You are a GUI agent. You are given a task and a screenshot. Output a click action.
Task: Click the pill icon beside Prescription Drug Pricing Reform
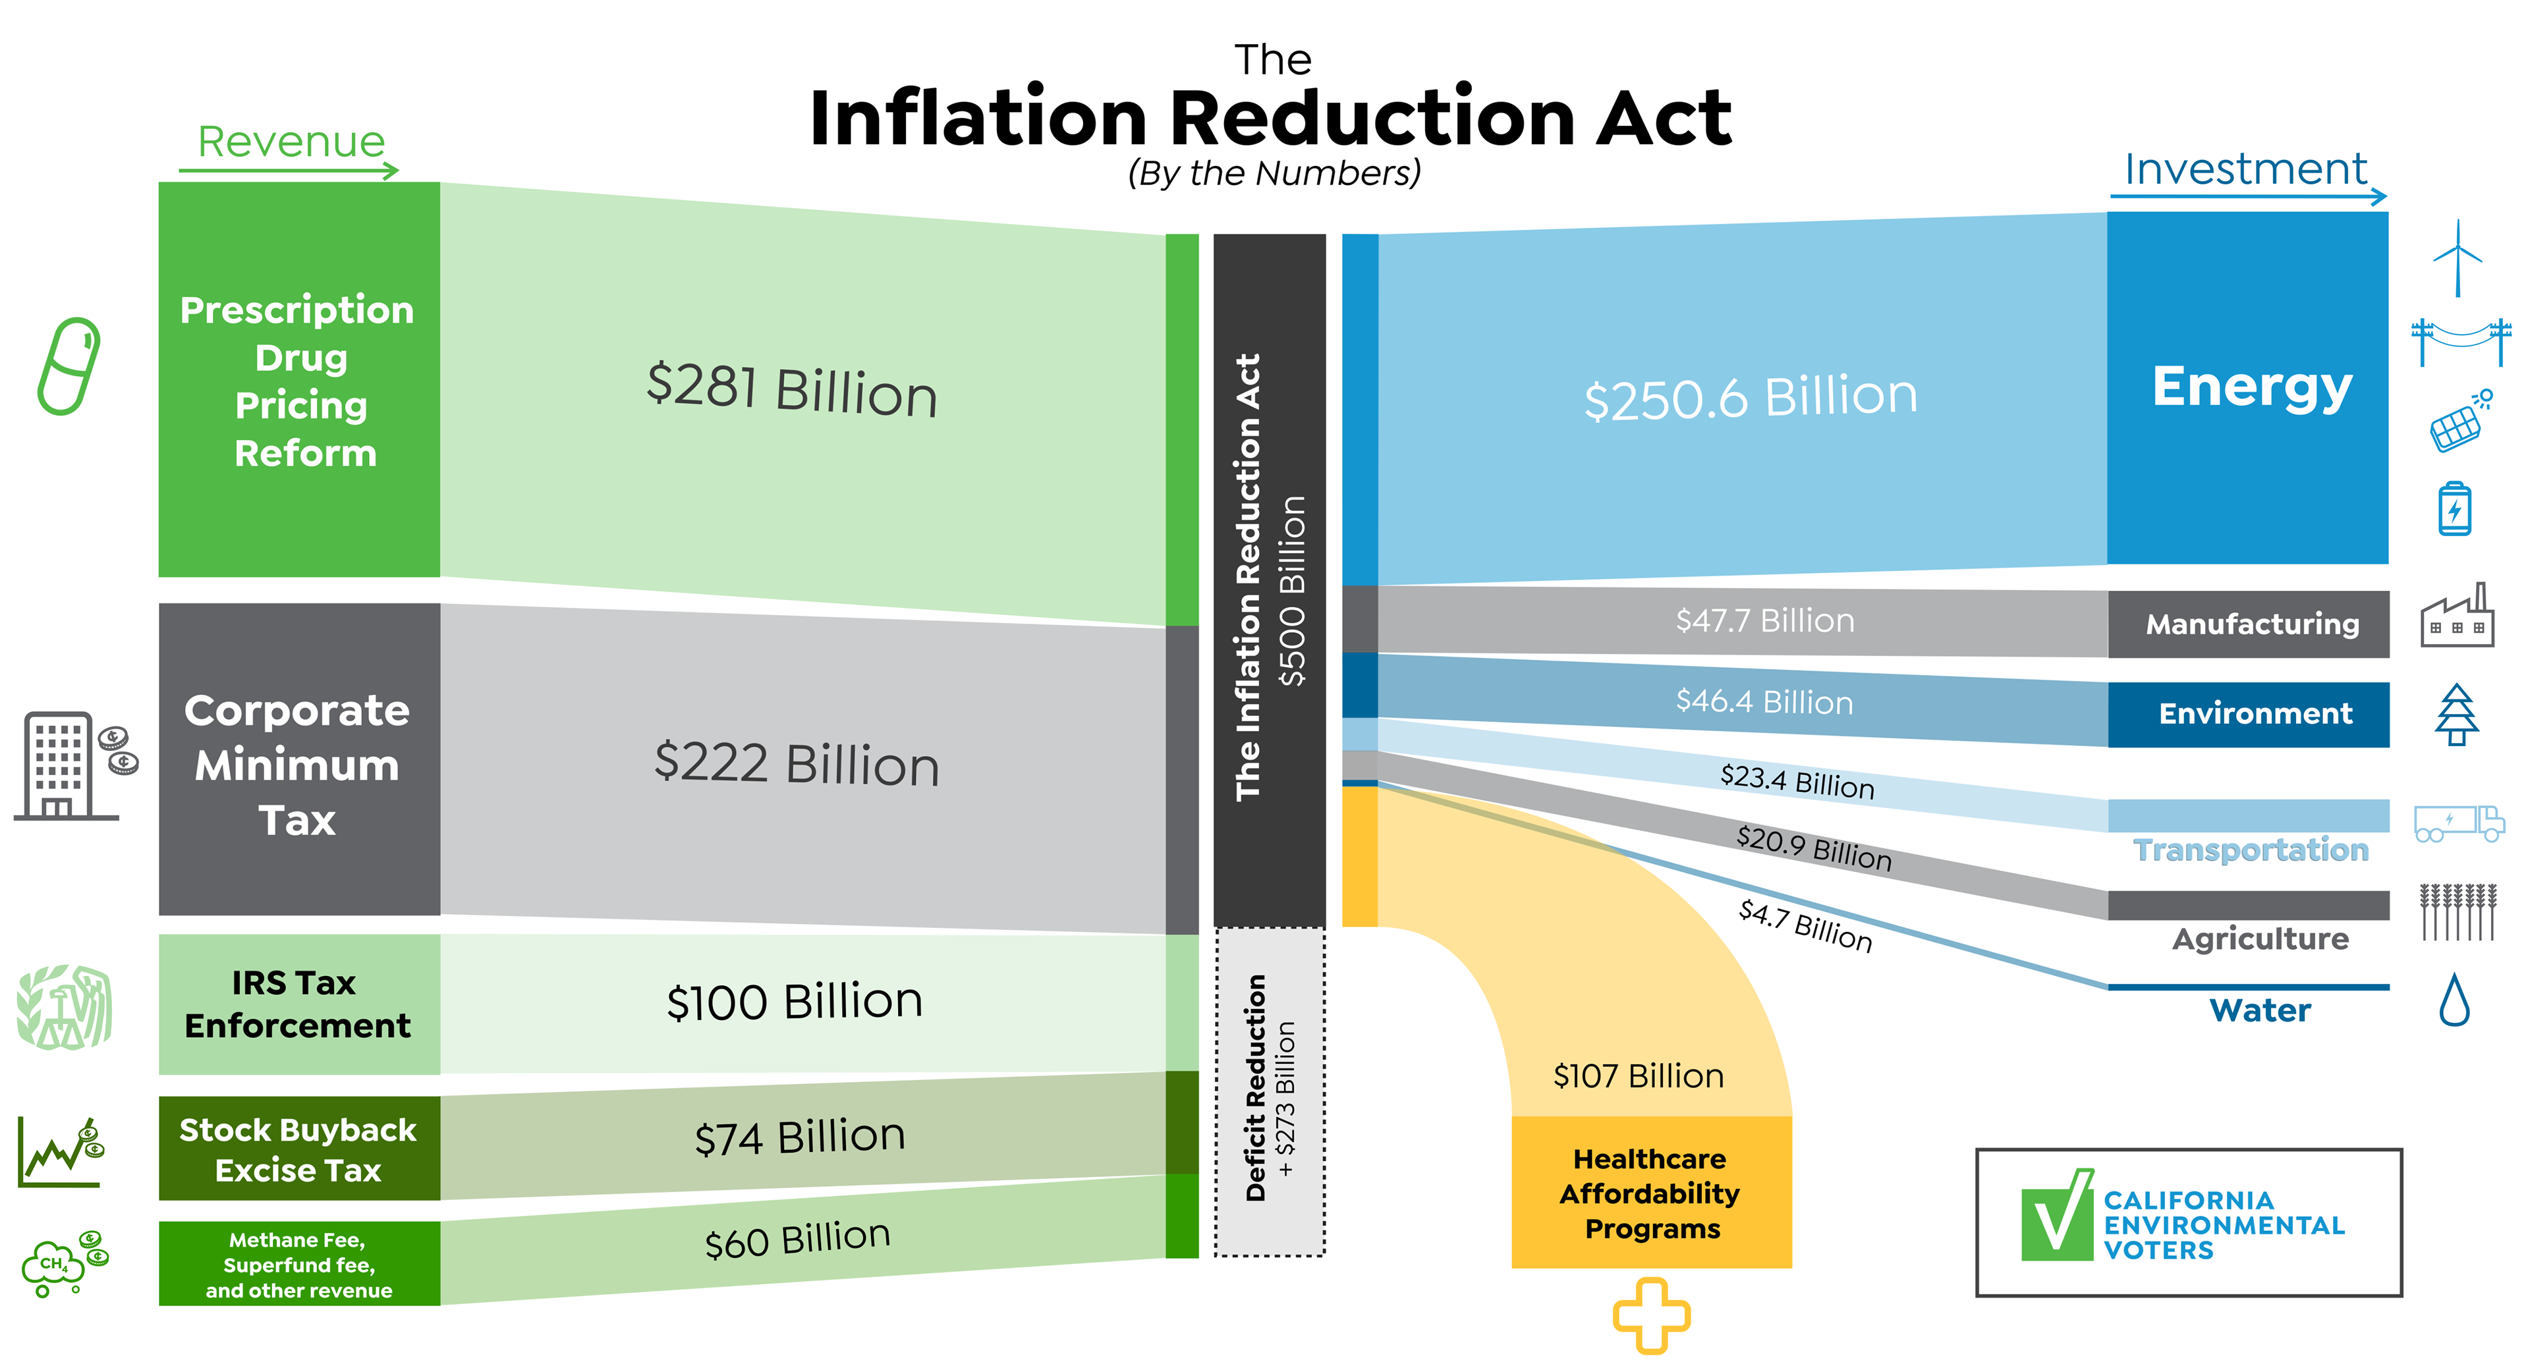click(x=69, y=366)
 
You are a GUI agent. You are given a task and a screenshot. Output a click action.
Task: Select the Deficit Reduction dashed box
click(x=1270, y=1091)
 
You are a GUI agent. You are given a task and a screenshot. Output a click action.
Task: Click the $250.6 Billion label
click(x=1750, y=396)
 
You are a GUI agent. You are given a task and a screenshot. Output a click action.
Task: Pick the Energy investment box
click(x=2248, y=388)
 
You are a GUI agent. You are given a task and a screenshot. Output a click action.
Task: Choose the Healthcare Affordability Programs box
click(x=1652, y=1192)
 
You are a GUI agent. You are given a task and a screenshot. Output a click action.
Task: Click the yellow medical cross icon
click(x=1652, y=1316)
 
